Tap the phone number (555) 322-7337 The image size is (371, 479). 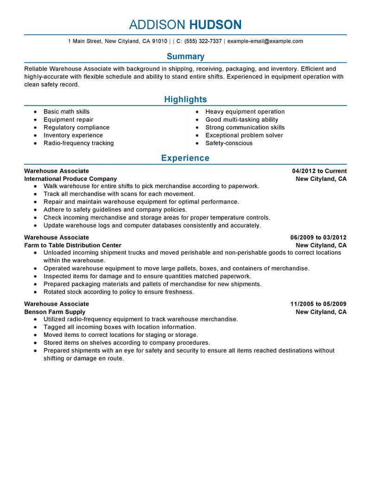coord(203,41)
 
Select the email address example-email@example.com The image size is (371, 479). coord(265,41)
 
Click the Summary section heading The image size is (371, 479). coord(185,56)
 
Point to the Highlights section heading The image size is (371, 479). coord(185,100)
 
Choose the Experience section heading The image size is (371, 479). coord(185,158)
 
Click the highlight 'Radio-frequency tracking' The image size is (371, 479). coord(78,143)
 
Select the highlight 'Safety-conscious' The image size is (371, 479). coord(229,143)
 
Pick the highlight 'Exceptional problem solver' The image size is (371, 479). coord(244,136)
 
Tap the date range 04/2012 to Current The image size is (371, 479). coord(316,171)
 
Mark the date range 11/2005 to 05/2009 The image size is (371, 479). coord(318,304)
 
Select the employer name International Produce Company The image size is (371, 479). coord(70,179)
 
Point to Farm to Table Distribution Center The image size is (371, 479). coord(73,245)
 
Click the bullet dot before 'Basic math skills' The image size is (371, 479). coord(35,112)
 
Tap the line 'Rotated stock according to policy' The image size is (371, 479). coord(118,292)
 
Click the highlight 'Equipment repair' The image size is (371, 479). coord(68,120)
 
